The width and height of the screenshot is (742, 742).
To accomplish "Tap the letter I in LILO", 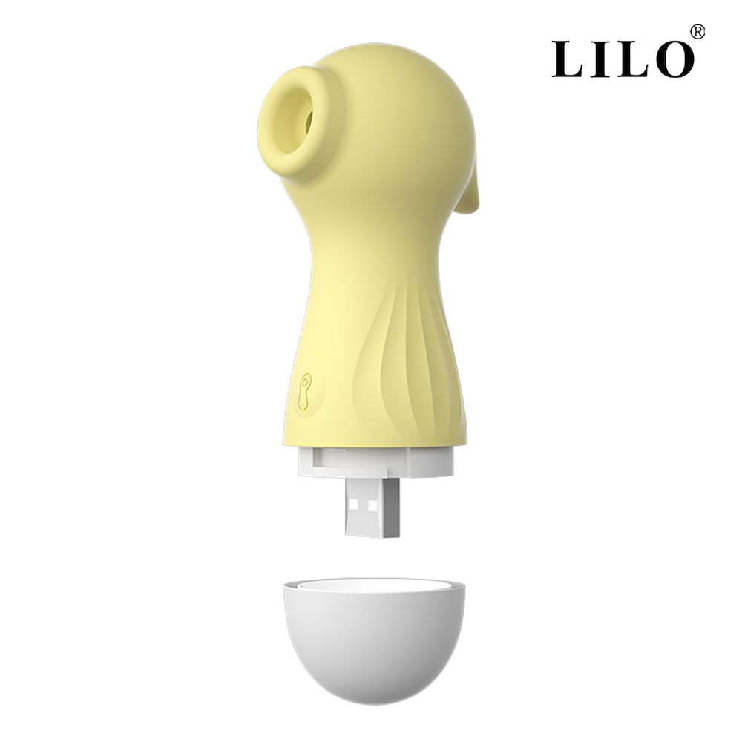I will click(x=607, y=59).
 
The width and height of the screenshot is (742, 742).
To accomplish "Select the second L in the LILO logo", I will click(x=635, y=59).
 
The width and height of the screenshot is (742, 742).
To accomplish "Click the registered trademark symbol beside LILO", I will click(x=697, y=32).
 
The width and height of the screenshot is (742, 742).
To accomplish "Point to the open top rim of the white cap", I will click(x=375, y=585).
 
